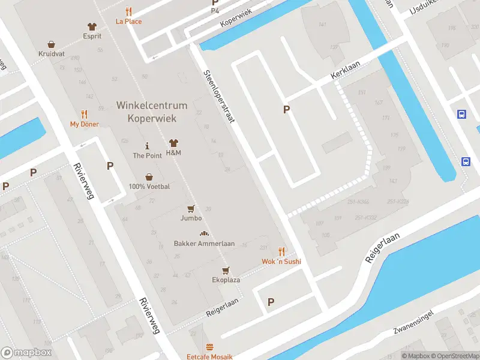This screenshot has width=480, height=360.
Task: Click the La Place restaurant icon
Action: tap(129, 11)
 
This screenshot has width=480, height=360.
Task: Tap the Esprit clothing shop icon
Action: tap(92, 26)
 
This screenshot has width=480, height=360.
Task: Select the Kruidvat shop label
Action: tap(52, 53)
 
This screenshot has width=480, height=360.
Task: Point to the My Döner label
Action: tap(84, 124)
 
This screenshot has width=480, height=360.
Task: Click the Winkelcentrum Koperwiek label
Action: tap(151, 112)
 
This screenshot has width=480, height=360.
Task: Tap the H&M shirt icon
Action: tap(174, 143)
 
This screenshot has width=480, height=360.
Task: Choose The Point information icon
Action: tap(147, 146)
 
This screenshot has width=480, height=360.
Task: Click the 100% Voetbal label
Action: tap(149, 187)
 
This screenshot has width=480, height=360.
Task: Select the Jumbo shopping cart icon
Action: tap(191, 208)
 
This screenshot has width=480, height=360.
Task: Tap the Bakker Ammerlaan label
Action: tap(204, 244)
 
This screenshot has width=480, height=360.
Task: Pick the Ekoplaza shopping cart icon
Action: tap(226, 271)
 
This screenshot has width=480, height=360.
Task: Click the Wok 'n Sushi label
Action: tap(281, 262)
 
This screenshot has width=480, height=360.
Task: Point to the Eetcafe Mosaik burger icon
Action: tap(209, 347)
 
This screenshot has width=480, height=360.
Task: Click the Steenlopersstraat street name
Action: tap(218, 97)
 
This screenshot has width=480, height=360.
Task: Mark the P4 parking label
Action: tap(215, 11)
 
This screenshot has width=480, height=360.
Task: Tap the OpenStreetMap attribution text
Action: tap(454, 356)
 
